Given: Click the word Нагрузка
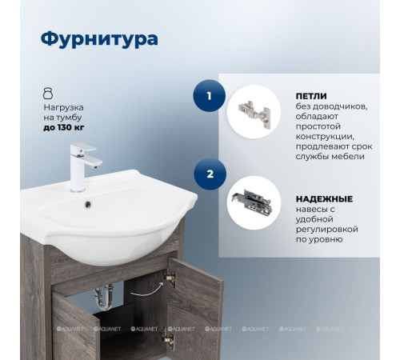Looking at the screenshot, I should tap(64, 106).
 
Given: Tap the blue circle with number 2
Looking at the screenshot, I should tap(210, 172).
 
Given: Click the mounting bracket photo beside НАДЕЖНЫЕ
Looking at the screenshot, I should tap(254, 202).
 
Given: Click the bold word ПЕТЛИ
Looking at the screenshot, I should tap(311, 95).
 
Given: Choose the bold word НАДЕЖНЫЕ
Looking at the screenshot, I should tap(326, 198).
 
